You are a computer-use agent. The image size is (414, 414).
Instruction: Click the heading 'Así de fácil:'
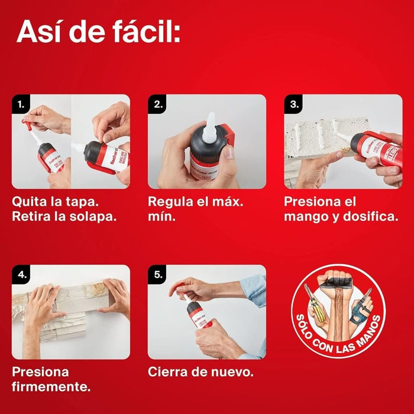pyautogui.click(x=98, y=31)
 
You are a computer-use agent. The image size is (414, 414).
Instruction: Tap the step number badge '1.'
pyautogui.click(x=22, y=105)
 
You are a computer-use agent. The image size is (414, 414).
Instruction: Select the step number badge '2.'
pyautogui.click(x=158, y=105)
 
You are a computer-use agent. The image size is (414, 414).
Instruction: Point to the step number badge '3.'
pyautogui.click(x=294, y=105)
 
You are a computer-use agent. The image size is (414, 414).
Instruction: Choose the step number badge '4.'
pyautogui.click(x=22, y=275)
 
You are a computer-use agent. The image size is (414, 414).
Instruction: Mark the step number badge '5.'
pyautogui.click(x=158, y=275)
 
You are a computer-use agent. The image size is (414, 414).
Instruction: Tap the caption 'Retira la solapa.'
pyautogui.click(x=64, y=216)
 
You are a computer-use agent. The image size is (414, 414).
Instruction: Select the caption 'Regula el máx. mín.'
pyautogui.click(x=195, y=209)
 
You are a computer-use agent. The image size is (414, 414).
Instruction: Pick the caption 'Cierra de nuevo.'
pyautogui.click(x=200, y=372)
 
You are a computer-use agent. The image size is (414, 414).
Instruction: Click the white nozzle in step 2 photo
pyautogui.click(x=208, y=129)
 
